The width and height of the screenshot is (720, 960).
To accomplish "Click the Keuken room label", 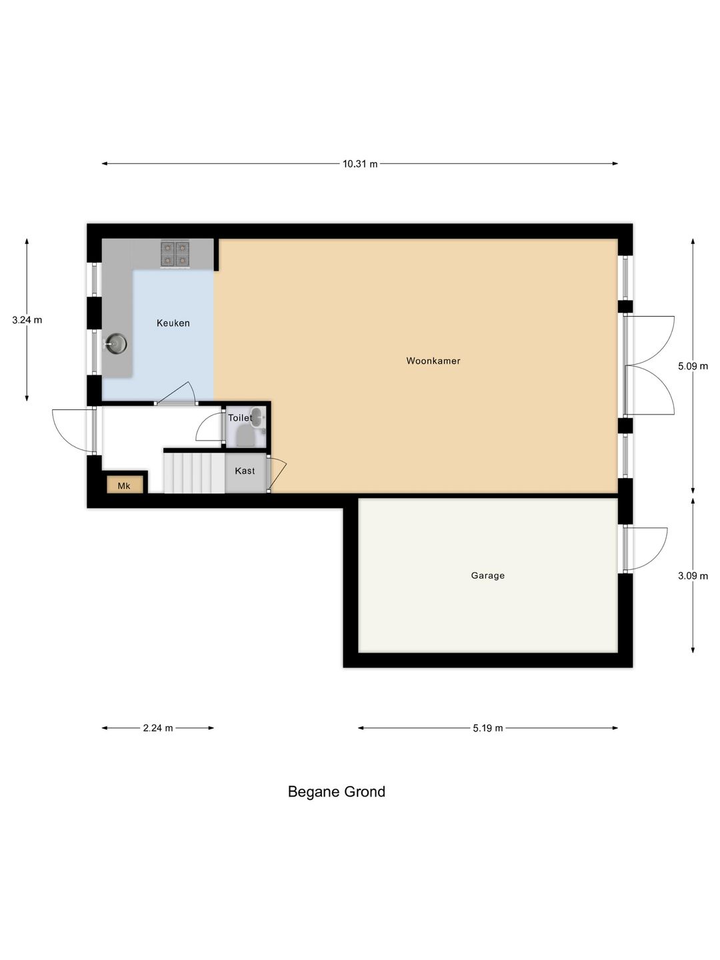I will point(173,323).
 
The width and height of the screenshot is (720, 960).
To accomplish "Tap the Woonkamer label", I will point(433,361).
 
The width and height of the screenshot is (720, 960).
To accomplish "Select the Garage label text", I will point(488,575).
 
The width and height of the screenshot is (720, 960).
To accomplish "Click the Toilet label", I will point(240,418).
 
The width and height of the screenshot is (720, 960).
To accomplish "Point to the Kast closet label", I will point(245,471).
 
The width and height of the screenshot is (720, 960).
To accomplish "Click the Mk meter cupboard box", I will point(125,485).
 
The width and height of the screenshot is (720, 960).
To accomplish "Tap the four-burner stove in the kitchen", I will point(175,253).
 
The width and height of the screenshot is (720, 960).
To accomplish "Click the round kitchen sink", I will point(117,344).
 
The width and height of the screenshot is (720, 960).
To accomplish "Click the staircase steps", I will point(194,473).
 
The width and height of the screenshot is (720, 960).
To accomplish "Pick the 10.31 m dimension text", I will point(360,164).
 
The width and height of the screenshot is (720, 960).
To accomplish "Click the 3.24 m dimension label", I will point(27,320).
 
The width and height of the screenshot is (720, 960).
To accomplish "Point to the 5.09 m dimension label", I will point(693,366).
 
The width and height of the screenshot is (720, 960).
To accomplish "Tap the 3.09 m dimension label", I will point(693,576).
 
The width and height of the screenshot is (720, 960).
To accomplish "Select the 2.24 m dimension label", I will point(158,728).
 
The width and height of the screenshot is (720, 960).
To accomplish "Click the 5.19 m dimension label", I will point(488,728).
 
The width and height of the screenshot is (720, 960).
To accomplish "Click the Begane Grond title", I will point(337,792).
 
